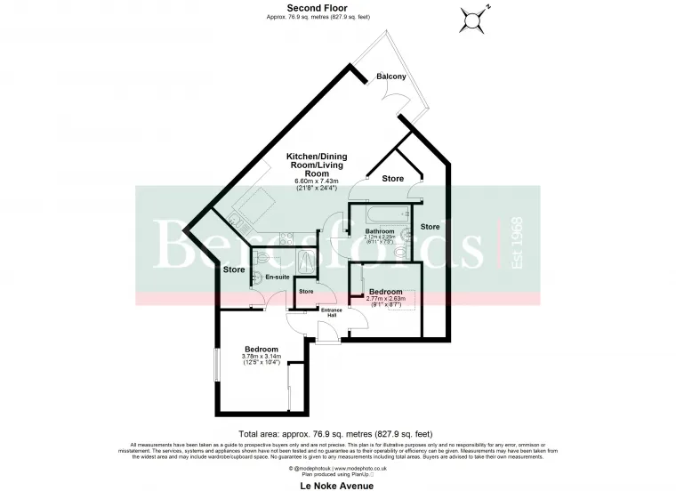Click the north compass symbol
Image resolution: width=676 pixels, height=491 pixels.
(x=475, y=17)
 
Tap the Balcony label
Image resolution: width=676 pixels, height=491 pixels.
(x=391, y=77)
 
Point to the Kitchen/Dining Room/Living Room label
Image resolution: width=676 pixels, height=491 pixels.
(x=316, y=165)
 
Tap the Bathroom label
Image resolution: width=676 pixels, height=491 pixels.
(x=381, y=231)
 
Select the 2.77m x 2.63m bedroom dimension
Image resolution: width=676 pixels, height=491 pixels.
(x=386, y=300)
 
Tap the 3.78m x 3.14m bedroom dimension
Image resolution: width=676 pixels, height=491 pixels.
(x=262, y=358)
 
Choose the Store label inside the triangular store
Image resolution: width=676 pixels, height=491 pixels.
(x=392, y=179)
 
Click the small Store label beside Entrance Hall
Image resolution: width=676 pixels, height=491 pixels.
(x=305, y=292)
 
